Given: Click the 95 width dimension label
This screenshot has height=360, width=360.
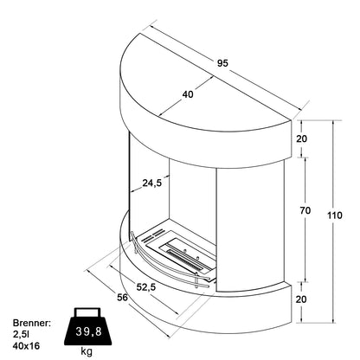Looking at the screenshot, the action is (x=222, y=63).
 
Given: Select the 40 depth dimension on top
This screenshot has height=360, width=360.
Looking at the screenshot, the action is (x=188, y=94).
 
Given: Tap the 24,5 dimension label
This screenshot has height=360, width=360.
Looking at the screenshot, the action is (x=152, y=183).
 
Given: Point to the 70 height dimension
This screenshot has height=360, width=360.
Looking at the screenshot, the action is (x=305, y=211).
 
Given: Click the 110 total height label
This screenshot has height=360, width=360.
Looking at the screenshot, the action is (x=335, y=215).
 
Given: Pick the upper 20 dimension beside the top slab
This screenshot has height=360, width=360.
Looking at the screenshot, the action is (x=302, y=138).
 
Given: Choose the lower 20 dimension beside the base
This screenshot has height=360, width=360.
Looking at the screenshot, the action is (x=301, y=299).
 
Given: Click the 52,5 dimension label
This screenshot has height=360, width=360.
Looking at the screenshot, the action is (x=146, y=286).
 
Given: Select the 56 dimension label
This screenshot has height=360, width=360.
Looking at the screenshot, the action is (x=122, y=297).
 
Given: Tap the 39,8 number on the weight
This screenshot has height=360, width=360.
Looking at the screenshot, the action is (x=89, y=331).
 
